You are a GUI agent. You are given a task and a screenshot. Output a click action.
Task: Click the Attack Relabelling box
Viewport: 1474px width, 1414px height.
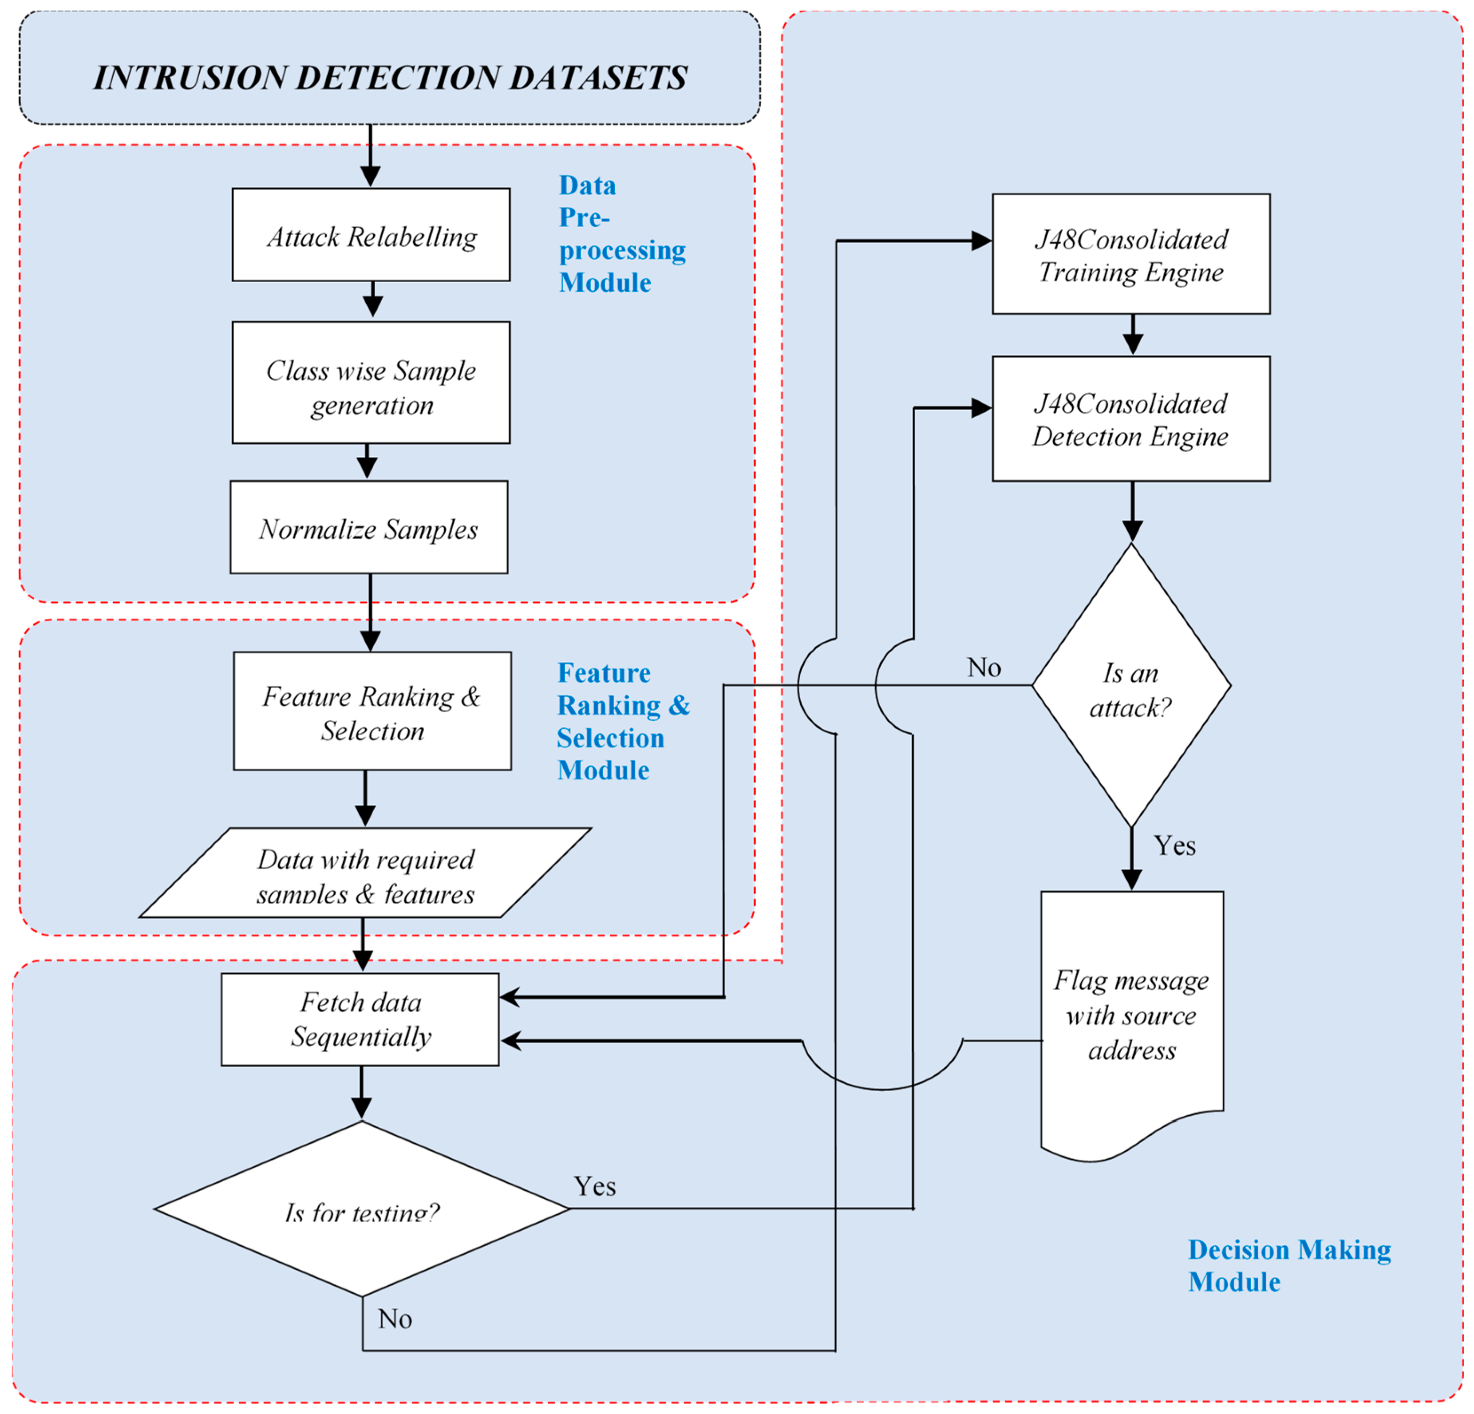pos(371,235)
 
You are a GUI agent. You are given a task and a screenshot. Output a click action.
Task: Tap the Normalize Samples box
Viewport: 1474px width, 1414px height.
pos(368,527)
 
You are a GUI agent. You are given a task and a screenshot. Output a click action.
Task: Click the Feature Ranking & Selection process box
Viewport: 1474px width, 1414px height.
pos(372,711)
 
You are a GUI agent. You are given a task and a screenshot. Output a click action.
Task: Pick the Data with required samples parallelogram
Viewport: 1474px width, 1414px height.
pos(365,873)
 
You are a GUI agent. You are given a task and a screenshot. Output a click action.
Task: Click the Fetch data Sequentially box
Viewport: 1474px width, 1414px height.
pos(360,1019)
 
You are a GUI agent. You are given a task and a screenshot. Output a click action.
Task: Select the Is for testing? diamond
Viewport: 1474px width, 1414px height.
pos(362,1209)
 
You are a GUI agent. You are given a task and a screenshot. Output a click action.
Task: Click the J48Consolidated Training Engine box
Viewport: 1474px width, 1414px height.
pos(1131,254)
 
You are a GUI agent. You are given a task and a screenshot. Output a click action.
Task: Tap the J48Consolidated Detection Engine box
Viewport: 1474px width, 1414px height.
pos(1131,419)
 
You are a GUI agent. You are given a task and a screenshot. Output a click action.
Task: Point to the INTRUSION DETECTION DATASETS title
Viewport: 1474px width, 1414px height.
pos(390,77)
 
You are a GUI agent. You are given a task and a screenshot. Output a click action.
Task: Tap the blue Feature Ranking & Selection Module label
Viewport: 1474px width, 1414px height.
pos(622,721)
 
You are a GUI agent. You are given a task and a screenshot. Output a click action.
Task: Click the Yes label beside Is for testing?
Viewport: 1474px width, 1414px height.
pos(595,1187)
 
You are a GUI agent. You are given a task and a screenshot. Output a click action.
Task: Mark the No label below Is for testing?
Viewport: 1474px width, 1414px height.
pos(395,1319)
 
